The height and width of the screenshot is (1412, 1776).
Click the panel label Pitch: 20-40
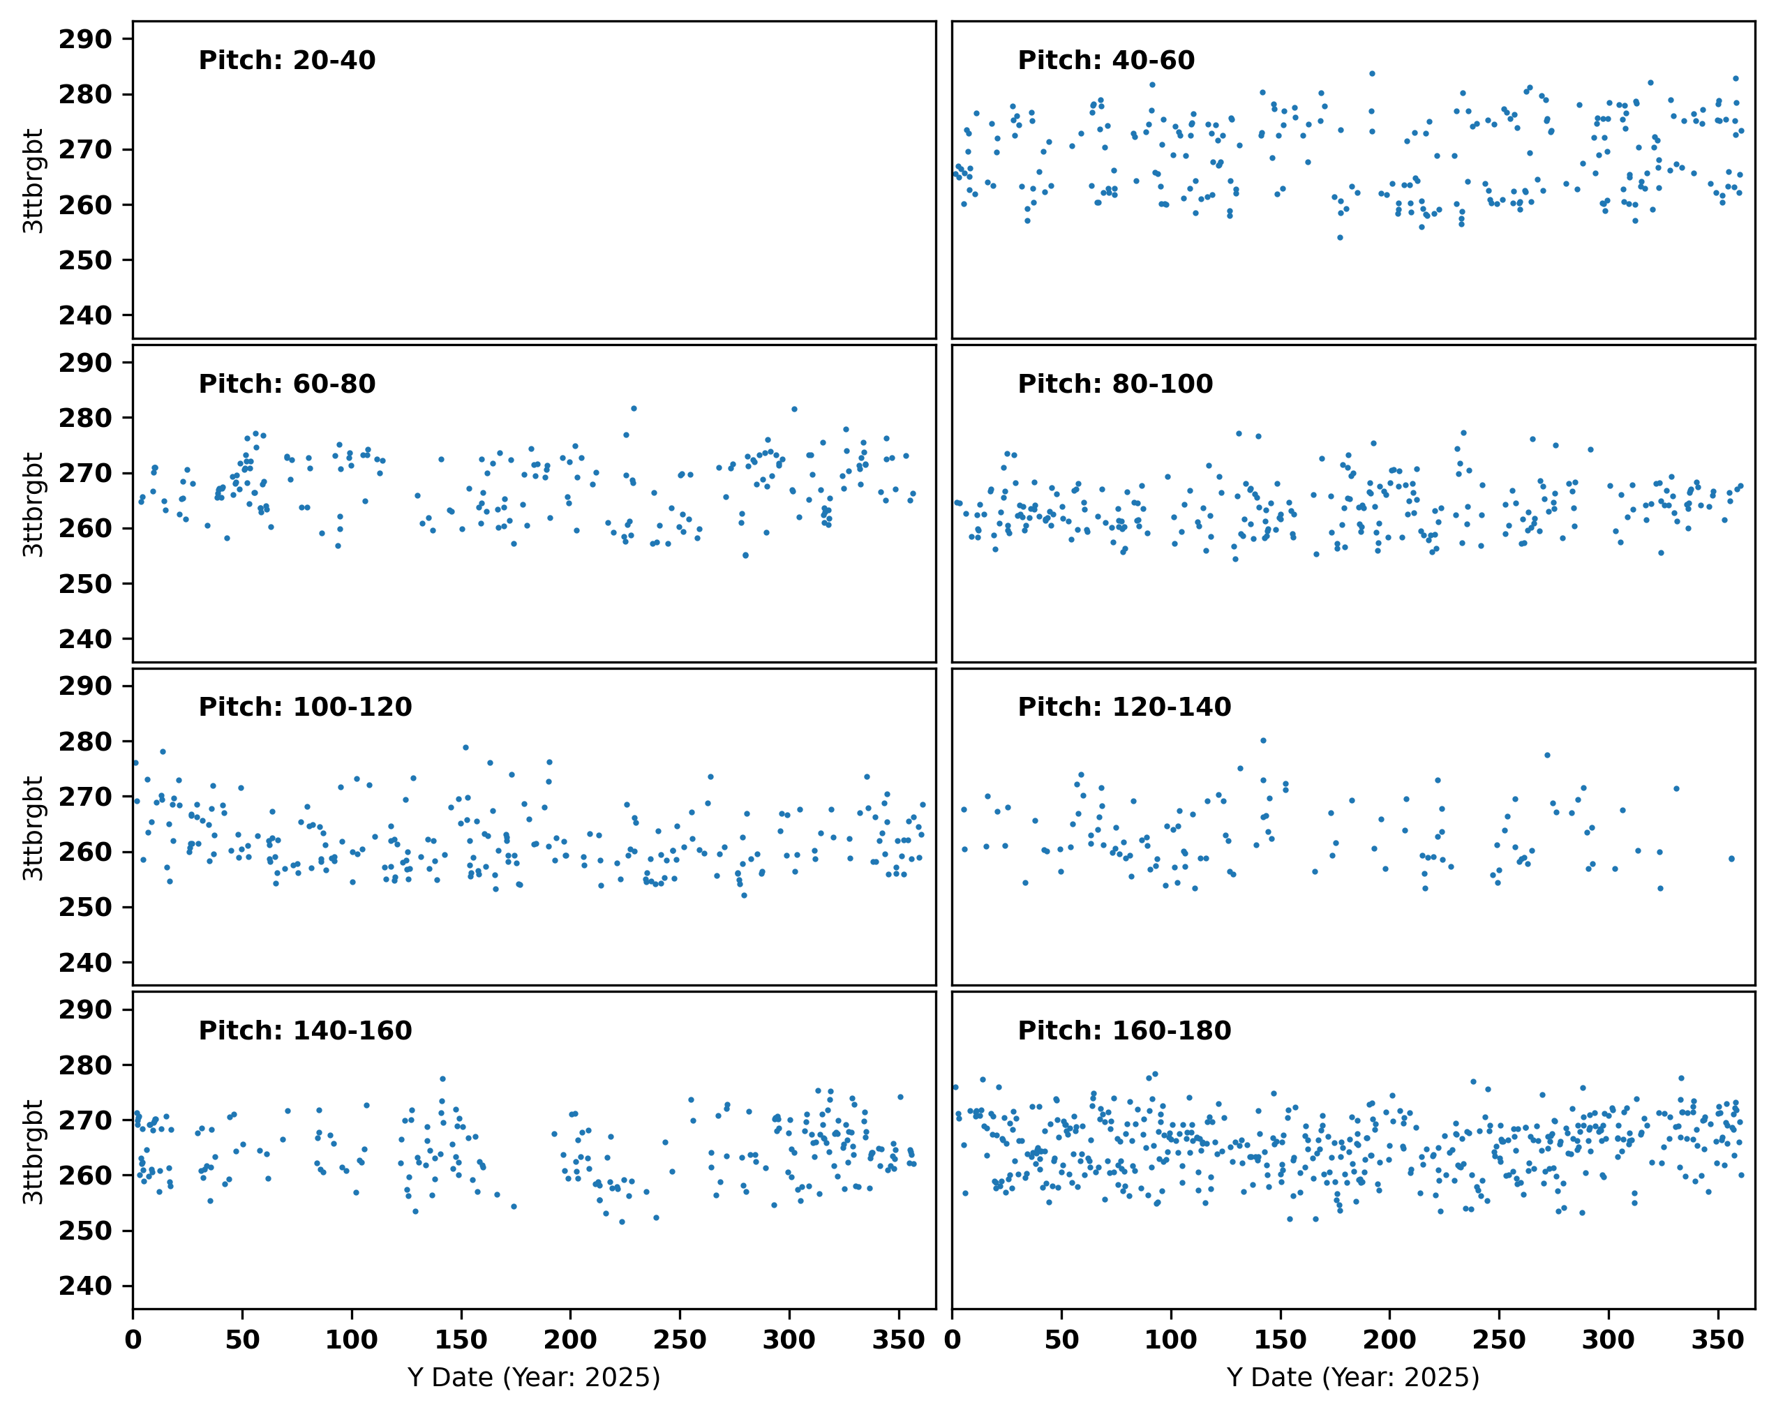287,60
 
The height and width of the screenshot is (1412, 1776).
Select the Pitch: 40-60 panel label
1105,60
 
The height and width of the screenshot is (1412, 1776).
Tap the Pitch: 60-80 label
287,384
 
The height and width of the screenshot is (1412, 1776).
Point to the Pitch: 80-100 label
1114,384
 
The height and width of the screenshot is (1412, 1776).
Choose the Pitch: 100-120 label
305,707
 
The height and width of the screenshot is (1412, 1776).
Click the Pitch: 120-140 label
1124,707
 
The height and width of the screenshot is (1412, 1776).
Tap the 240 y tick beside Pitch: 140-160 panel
85,1286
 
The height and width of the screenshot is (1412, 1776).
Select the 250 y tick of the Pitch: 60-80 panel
85,584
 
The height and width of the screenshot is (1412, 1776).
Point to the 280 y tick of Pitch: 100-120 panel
85,742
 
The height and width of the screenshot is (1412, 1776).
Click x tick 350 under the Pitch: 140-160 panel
898,1339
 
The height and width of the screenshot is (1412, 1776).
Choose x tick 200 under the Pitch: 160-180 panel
1389,1339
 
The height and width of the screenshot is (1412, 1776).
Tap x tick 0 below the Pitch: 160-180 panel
953,1339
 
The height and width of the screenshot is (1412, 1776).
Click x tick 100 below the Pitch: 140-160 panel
352,1339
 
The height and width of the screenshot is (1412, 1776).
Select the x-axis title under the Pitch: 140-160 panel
534,1377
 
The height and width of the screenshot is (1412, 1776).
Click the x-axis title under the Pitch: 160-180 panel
1352,1377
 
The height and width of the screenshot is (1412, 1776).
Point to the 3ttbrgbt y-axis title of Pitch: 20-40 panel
33,181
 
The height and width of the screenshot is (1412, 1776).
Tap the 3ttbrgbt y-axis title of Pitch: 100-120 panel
33,827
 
